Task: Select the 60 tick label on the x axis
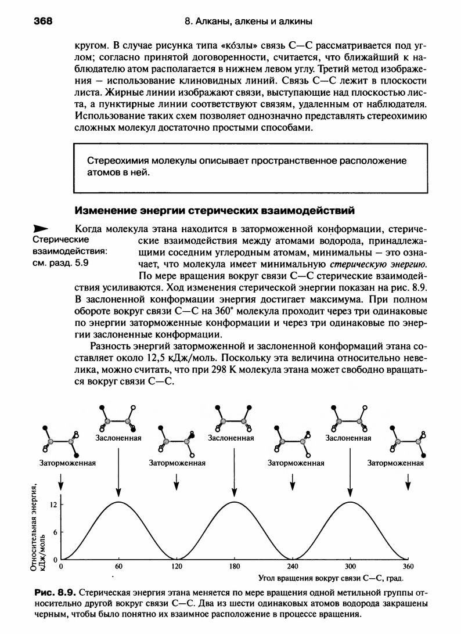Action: coord(118,565)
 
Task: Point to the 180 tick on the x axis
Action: coord(234,565)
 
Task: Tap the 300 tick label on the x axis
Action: coord(350,565)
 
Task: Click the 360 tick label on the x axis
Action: coord(408,565)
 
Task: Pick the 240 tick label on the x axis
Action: coord(292,565)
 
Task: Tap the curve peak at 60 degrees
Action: coord(118,502)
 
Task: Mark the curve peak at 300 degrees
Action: coord(350,502)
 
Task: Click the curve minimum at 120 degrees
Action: coord(177,559)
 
